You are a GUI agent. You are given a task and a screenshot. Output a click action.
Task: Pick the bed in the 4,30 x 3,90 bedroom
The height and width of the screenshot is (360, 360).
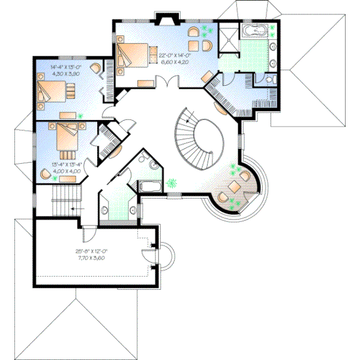click(x=53, y=91)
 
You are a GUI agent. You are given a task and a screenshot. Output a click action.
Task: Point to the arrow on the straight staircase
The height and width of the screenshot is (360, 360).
click(x=73, y=208)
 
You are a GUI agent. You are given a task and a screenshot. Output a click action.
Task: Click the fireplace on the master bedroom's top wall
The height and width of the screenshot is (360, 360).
click(x=163, y=20)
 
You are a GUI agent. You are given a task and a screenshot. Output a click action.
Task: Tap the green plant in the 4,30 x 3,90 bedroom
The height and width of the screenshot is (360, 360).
click(x=81, y=115)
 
